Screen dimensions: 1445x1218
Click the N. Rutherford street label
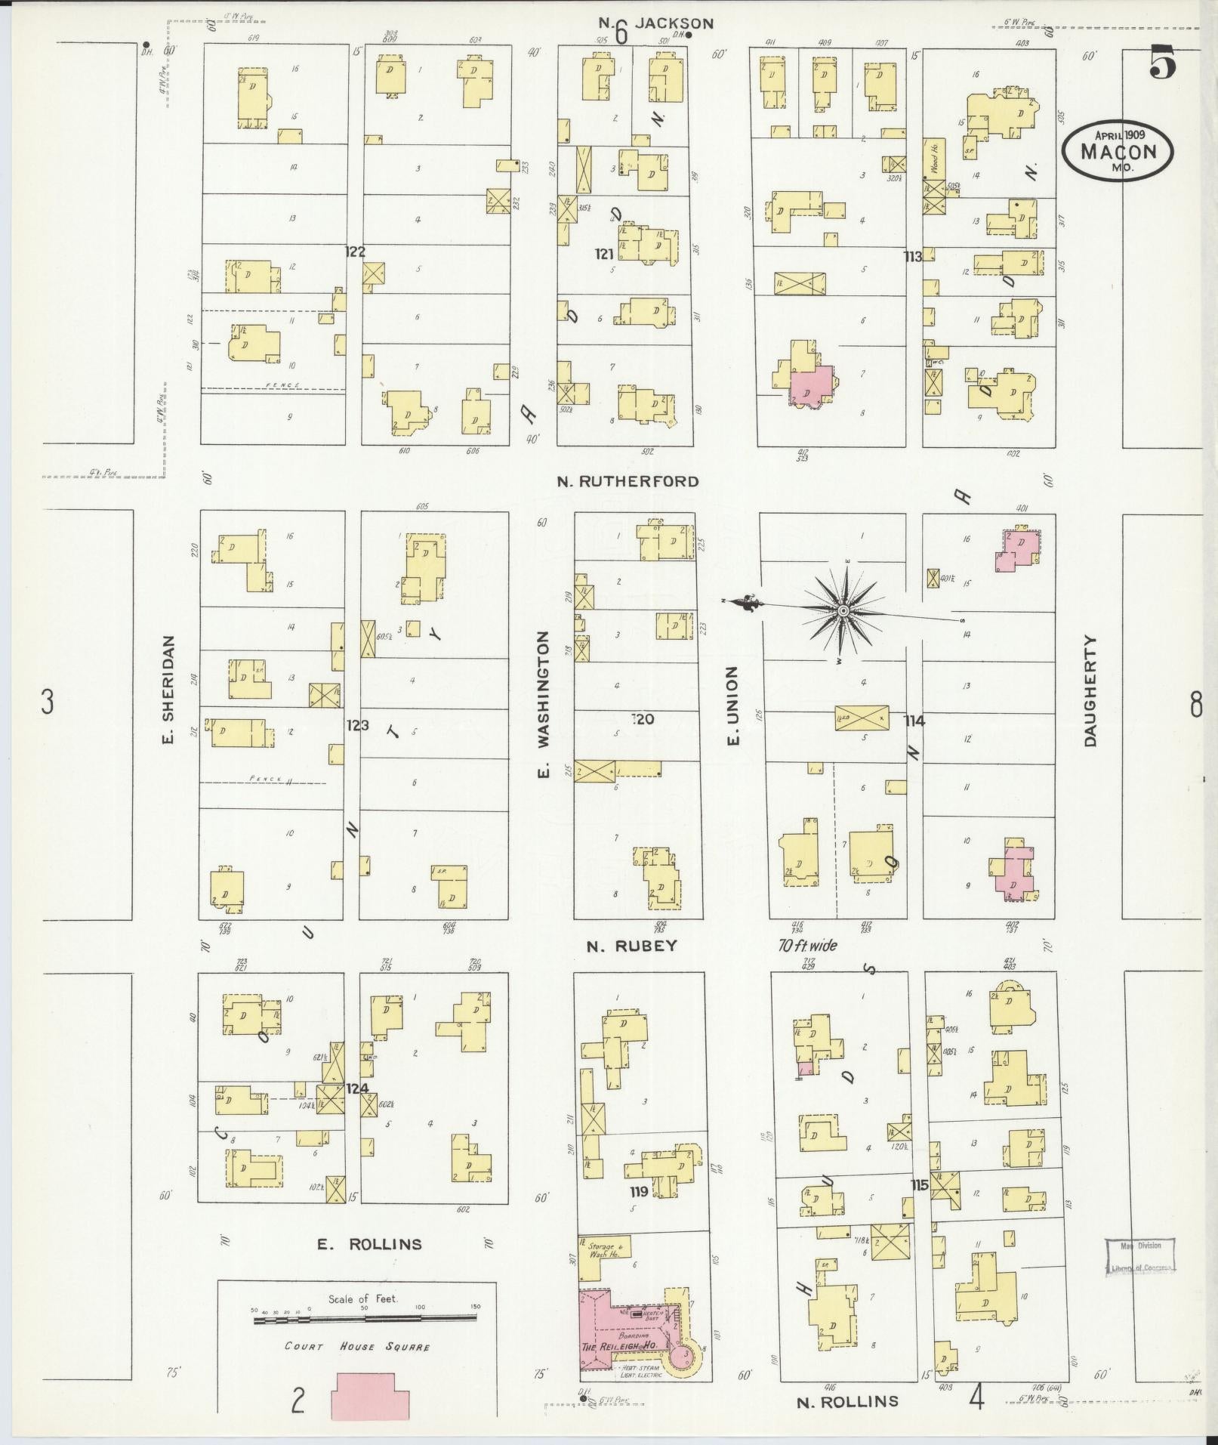(628, 481)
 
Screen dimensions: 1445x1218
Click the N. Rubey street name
(633, 946)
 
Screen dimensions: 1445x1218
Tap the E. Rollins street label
(368, 1244)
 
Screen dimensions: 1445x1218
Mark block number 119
(639, 1193)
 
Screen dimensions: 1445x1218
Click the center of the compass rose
(842, 610)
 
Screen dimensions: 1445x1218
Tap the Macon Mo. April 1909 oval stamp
(1118, 152)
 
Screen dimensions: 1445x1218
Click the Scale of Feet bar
(365, 1318)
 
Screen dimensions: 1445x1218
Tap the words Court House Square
(357, 1347)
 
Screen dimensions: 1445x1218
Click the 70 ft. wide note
(808, 945)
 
